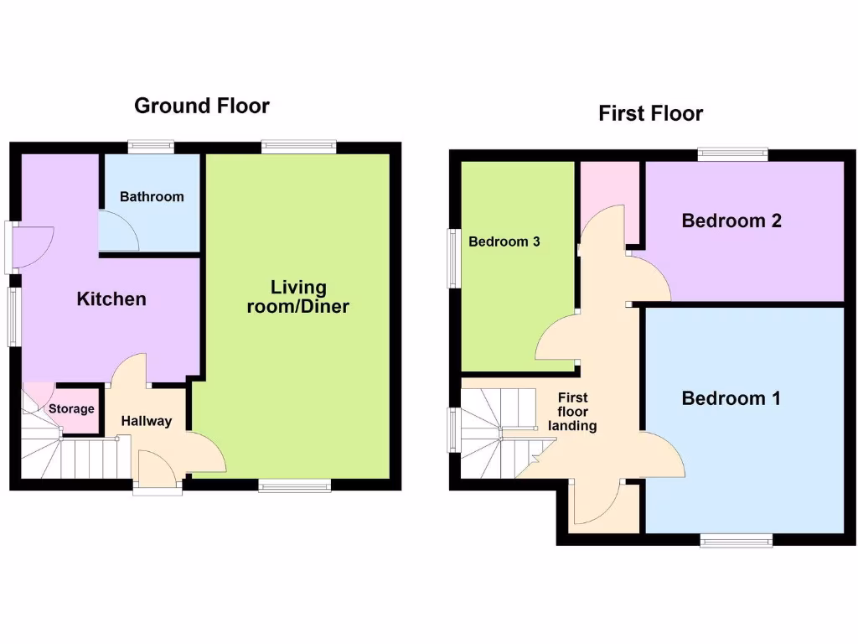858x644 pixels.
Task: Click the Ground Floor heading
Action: coord(202,106)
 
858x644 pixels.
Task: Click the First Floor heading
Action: coord(650,113)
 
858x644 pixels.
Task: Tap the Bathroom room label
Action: coord(152,197)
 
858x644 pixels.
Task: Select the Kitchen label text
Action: coord(111,299)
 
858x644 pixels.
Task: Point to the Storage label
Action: coord(71,409)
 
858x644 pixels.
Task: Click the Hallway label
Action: coord(146,421)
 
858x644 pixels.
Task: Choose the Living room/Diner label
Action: coord(297,298)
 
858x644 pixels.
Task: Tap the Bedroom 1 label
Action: coord(731,398)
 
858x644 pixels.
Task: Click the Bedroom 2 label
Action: coord(731,221)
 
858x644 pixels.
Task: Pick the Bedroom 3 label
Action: coord(504,241)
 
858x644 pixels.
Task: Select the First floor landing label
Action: coord(572,412)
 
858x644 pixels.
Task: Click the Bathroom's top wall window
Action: coord(152,147)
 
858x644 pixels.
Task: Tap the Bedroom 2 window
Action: coord(733,153)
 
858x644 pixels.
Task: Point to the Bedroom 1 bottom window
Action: coord(737,541)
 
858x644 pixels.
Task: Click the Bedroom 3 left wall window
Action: coord(453,258)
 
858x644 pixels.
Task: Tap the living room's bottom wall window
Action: coord(294,485)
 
